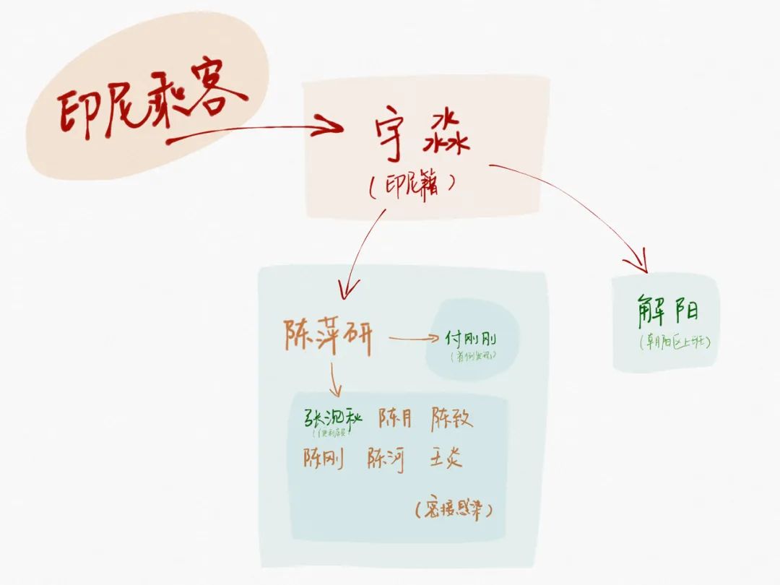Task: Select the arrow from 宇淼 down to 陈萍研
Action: (x=361, y=253)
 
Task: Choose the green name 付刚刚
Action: (x=471, y=339)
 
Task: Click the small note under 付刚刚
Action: (x=472, y=356)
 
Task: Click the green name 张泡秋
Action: (x=331, y=418)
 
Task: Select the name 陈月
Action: (x=394, y=418)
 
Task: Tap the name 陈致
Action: (x=453, y=418)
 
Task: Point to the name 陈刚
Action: (x=324, y=458)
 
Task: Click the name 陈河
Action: (x=386, y=459)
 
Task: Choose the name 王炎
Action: (x=446, y=458)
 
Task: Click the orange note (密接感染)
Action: (x=454, y=510)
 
